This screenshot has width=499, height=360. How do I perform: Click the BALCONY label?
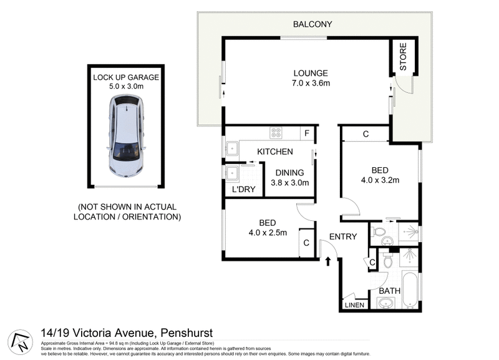312,24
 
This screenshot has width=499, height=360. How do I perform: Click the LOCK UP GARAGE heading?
127,77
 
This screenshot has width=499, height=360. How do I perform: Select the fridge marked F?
306,133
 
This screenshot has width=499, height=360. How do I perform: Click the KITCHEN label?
275,152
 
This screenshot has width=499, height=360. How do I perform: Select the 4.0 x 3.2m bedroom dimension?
380,180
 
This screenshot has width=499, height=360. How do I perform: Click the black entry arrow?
327,261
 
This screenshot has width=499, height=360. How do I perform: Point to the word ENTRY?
343,236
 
